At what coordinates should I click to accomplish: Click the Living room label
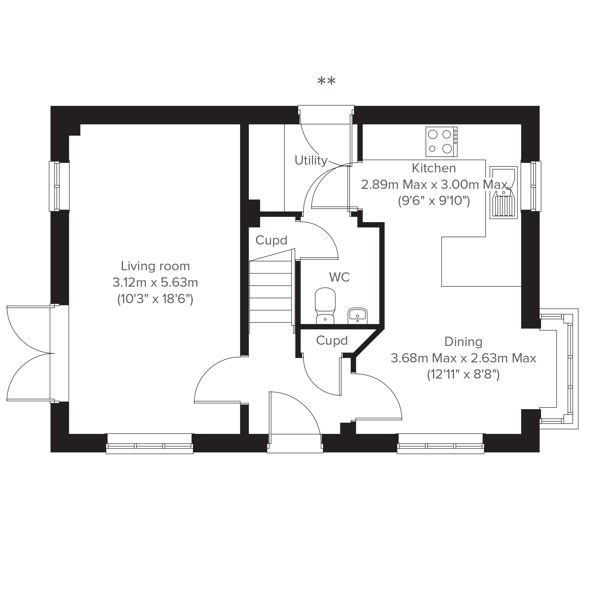click(155, 266)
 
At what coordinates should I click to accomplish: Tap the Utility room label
click(311, 161)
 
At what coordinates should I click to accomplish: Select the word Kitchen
click(434, 168)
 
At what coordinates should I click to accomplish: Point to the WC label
click(339, 277)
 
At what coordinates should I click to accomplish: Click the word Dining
click(463, 342)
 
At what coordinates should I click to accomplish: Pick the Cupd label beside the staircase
click(271, 240)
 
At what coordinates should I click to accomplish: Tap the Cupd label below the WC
click(332, 340)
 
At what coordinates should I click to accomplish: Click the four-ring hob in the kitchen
click(441, 142)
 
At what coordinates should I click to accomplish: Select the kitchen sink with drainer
click(503, 193)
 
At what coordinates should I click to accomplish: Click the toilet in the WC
click(325, 306)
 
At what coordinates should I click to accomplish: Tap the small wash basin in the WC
click(358, 316)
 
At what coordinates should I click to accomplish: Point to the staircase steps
click(270, 292)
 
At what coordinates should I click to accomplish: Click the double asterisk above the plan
click(326, 82)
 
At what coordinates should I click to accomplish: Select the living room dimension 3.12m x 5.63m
click(155, 283)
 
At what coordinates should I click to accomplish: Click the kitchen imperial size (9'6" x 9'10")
click(434, 201)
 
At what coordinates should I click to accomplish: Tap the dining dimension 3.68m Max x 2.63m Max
click(463, 358)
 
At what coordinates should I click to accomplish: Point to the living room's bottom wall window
click(150, 444)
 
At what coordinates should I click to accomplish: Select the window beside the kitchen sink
click(531, 186)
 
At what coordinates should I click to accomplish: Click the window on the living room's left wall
click(59, 186)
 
